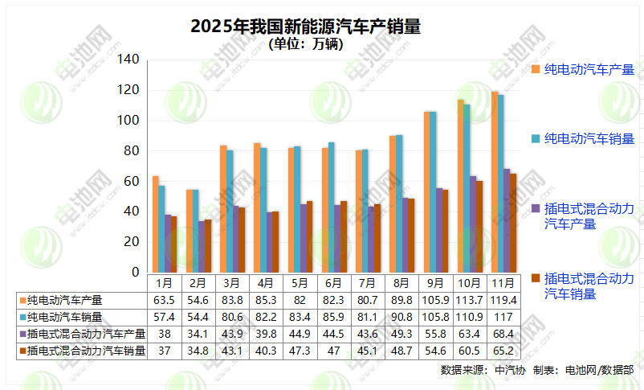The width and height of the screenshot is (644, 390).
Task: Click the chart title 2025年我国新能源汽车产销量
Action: pyautogui.click(x=305, y=27)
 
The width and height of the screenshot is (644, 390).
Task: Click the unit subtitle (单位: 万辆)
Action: pyautogui.click(x=306, y=45)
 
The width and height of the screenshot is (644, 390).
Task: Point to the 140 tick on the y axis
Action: pyautogui.click(x=128, y=60)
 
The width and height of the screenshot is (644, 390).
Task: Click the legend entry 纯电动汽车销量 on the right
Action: pyautogui.click(x=589, y=139)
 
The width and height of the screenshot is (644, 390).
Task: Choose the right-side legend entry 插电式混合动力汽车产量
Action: pyautogui.click(x=589, y=216)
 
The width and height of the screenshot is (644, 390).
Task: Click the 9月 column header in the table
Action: pyautogui.click(x=434, y=283)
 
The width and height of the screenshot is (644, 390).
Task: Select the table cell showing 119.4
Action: pyautogui.click(x=502, y=300)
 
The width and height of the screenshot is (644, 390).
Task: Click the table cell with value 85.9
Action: pyautogui.click(x=332, y=317)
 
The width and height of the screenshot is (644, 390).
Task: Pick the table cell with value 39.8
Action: pyautogui.click(x=265, y=334)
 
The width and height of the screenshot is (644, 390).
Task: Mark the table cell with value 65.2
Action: pyautogui.click(x=502, y=351)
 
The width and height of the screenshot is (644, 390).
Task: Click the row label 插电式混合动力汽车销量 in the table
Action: pyautogui.click(x=86, y=351)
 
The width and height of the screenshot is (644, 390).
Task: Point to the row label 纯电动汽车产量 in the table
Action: pyautogui.click(x=64, y=300)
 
